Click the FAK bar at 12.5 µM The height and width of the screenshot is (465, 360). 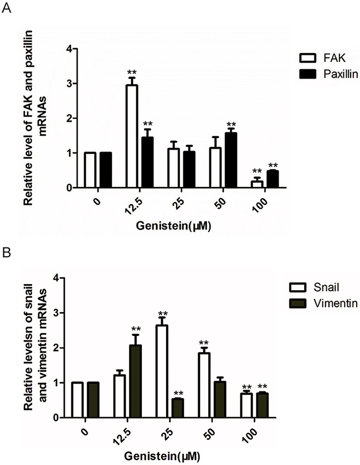[132, 136]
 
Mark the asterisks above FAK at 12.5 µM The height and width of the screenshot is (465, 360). [132, 72]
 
